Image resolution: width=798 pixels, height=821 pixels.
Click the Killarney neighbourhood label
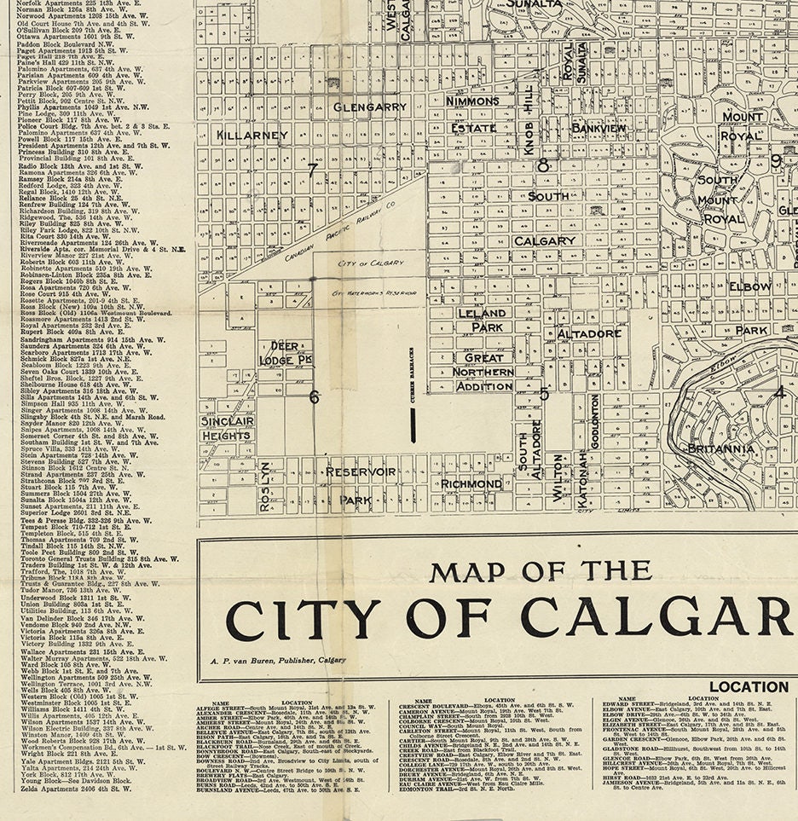point(252,135)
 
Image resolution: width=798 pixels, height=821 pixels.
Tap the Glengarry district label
point(369,107)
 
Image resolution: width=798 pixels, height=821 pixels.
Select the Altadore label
point(589,333)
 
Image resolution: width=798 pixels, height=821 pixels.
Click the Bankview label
point(598,128)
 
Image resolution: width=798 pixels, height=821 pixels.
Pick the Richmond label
point(471,483)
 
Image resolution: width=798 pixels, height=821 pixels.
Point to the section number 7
point(313,169)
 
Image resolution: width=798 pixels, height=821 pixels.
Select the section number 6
point(314,396)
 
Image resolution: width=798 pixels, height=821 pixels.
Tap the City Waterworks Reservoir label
point(373,292)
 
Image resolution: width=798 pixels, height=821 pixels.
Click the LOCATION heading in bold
point(749,686)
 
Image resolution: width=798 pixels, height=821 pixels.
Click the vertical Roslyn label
point(265,487)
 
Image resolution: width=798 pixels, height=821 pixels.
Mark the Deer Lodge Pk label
point(286,353)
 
